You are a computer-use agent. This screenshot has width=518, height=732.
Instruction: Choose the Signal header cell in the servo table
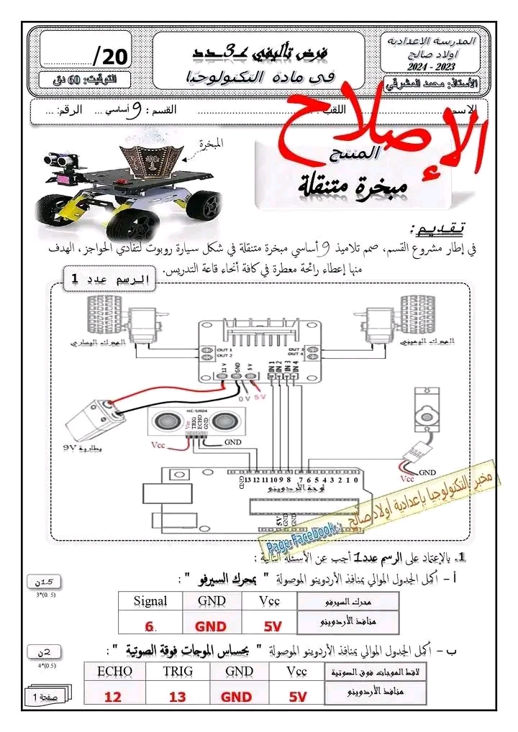pos(150,601)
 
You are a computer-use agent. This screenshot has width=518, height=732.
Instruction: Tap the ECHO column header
pos(113,671)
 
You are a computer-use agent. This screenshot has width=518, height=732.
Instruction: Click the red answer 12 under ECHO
pos(113,696)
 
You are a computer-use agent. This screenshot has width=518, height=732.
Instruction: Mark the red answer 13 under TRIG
pos(177,696)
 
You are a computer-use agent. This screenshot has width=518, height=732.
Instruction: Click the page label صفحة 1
pos(45,697)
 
